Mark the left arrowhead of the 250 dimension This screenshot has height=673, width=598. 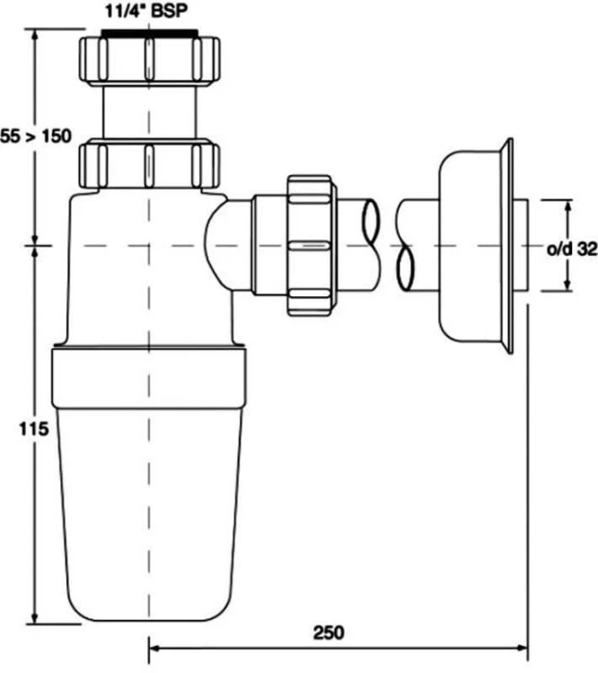click(x=154, y=645)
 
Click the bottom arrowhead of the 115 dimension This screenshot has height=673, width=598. click(x=35, y=617)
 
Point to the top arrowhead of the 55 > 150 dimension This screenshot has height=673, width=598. click(x=35, y=35)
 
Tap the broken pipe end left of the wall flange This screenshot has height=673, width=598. click(x=407, y=244)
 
